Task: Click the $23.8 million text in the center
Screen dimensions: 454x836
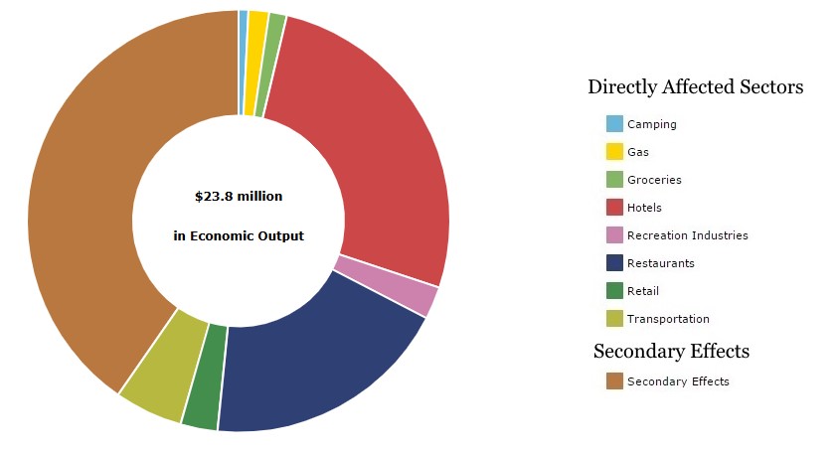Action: click(x=239, y=197)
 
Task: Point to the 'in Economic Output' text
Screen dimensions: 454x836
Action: click(x=239, y=236)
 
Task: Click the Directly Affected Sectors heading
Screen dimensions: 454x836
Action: click(x=695, y=87)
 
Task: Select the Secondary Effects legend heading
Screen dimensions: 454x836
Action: click(x=671, y=351)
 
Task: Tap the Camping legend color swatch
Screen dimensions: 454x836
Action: click(x=614, y=124)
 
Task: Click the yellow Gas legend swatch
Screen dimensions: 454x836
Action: click(x=614, y=152)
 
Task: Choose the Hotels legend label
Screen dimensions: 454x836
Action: click(x=644, y=208)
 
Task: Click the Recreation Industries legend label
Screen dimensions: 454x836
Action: click(x=687, y=235)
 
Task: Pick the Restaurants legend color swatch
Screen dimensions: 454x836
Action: click(x=614, y=263)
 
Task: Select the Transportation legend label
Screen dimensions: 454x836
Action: click(x=668, y=319)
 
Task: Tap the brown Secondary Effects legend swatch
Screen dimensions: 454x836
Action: click(x=614, y=381)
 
